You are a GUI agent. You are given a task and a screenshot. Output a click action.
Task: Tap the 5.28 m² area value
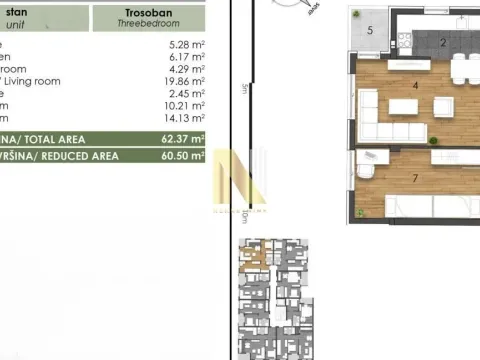187,45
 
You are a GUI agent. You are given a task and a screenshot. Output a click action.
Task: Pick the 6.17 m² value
187,57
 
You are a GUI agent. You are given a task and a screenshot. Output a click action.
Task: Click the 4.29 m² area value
187,69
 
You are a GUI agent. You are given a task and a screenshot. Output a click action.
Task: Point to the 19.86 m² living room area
185,81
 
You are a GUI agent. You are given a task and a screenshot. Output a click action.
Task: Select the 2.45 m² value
187,93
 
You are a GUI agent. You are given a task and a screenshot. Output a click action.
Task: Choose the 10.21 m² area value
185,105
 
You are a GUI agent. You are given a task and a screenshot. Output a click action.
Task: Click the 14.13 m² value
185,117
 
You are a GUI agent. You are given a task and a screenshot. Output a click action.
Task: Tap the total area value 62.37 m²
183,139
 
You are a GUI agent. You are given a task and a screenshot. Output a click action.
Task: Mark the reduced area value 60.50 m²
183,156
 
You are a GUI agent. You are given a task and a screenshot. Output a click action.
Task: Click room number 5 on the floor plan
370,31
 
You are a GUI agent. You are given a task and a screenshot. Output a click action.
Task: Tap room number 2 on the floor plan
442,42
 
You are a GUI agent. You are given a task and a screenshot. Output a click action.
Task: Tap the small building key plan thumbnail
272,300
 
